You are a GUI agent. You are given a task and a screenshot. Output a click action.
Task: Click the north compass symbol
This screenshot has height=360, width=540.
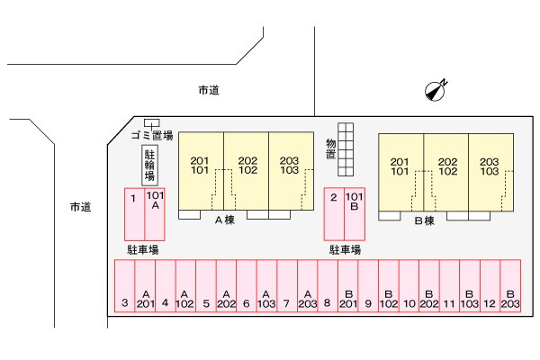(436, 91)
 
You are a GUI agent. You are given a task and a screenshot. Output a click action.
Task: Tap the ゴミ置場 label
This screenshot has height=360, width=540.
(152, 135)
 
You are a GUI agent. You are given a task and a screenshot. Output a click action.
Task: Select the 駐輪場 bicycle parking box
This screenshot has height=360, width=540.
(149, 166)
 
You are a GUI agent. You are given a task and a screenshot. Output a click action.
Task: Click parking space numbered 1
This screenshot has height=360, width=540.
(134, 214)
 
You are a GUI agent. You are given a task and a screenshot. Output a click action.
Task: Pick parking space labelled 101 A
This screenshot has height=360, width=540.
(155, 214)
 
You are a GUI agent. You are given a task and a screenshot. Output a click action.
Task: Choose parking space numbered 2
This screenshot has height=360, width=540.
(334, 214)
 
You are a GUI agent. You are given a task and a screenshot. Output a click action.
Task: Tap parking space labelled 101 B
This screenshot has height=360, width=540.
(355, 214)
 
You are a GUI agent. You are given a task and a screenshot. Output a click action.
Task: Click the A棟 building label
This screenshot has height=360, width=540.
(224, 220)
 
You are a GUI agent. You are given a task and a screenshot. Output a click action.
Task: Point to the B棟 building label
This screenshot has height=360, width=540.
(424, 220)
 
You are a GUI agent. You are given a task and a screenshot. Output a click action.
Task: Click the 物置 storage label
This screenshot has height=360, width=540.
(331, 148)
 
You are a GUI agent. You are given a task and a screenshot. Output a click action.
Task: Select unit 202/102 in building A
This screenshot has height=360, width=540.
(247, 171)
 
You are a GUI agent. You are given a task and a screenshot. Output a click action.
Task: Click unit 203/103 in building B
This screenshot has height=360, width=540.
(490, 172)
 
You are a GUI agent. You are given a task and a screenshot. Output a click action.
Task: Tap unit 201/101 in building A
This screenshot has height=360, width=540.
(201, 171)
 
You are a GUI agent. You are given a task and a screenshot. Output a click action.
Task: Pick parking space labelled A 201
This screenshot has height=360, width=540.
(145, 286)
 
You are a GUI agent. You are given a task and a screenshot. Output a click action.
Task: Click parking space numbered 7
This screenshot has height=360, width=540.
(287, 286)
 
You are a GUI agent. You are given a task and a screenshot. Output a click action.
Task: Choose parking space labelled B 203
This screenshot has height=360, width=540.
(510, 286)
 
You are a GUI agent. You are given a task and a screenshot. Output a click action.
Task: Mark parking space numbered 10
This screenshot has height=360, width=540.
(409, 286)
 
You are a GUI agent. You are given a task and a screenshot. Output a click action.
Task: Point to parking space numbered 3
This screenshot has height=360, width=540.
(125, 286)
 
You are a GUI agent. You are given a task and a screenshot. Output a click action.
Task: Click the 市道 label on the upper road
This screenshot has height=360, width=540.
(209, 90)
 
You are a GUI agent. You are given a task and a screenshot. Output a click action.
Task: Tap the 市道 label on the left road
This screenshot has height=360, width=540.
(81, 207)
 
